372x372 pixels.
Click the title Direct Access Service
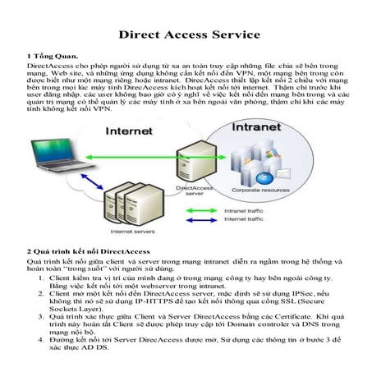tap(190, 35)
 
